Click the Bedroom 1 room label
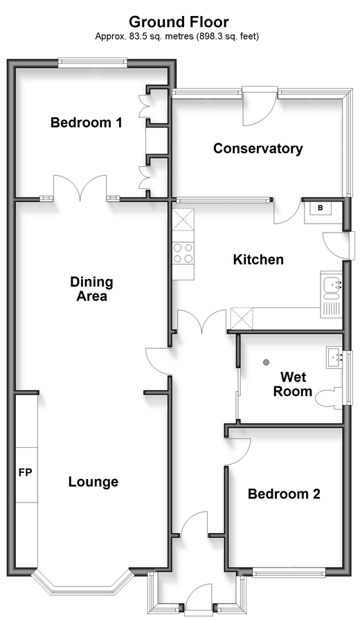[x=86, y=123]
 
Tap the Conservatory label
[x=258, y=149]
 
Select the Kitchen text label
[x=258, y=260]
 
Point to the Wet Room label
[x=293, y=384]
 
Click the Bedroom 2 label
[x=284, y=494]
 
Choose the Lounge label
[x=93, y=482]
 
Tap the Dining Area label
[x=91, y=289]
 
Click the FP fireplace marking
[x=25, y=472]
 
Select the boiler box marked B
[x=321, y=208]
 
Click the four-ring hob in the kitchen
[x=183, y=253]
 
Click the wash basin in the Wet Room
[x=334, y=358]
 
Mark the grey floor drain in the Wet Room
[x=266, y=361]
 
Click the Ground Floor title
[x=179, y=21]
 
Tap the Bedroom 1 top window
[x=92, y=62]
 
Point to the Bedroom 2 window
[x=289, y=573]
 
